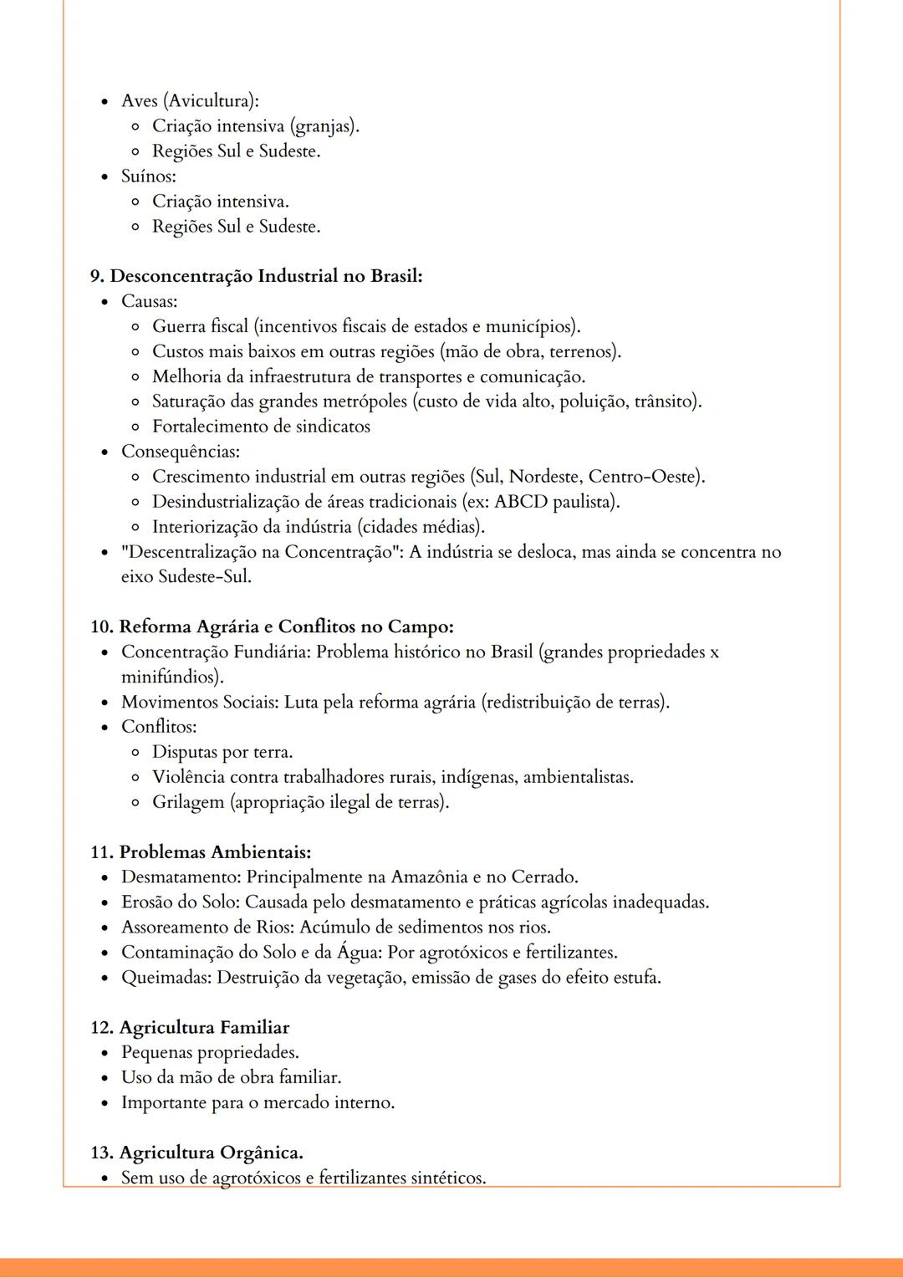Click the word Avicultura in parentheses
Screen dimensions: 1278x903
tap(210, 101)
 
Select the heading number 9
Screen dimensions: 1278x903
tap(97, 276)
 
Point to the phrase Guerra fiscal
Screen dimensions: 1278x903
tap(200, 326)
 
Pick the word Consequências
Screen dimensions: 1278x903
tap(180, 452)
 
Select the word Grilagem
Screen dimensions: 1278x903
tap(188, 802)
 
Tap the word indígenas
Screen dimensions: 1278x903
tap(478, 777)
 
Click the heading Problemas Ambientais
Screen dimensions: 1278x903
tap(215, 852)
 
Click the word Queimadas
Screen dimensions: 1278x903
tap(166, 977)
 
